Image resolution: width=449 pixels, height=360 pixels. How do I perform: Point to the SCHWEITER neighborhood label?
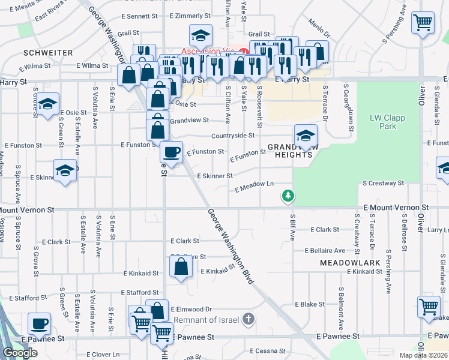pos(47,53)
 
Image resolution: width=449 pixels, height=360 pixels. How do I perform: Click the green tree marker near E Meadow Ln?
pos(289,196)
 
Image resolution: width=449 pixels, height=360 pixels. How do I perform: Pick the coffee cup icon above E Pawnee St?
pos(40,323)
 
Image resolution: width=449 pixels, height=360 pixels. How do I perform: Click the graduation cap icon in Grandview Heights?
pos(306,136)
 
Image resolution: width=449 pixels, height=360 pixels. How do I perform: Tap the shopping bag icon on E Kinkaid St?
pos(181,267)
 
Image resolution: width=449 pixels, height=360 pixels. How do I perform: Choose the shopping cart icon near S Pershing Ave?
pos(424,23)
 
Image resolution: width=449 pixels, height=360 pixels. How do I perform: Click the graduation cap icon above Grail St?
pos(200,35)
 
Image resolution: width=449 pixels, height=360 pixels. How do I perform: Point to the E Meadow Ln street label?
pos(255,187)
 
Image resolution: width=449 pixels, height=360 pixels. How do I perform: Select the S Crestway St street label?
pos(383,182)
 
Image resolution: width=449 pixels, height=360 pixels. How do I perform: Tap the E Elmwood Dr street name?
pos(191,309)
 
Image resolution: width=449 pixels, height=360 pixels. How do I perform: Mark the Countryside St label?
pos(234,136)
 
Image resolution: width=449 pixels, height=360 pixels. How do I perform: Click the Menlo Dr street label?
pos(319,26)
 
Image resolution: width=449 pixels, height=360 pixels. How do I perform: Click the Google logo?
pos(20,353)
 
